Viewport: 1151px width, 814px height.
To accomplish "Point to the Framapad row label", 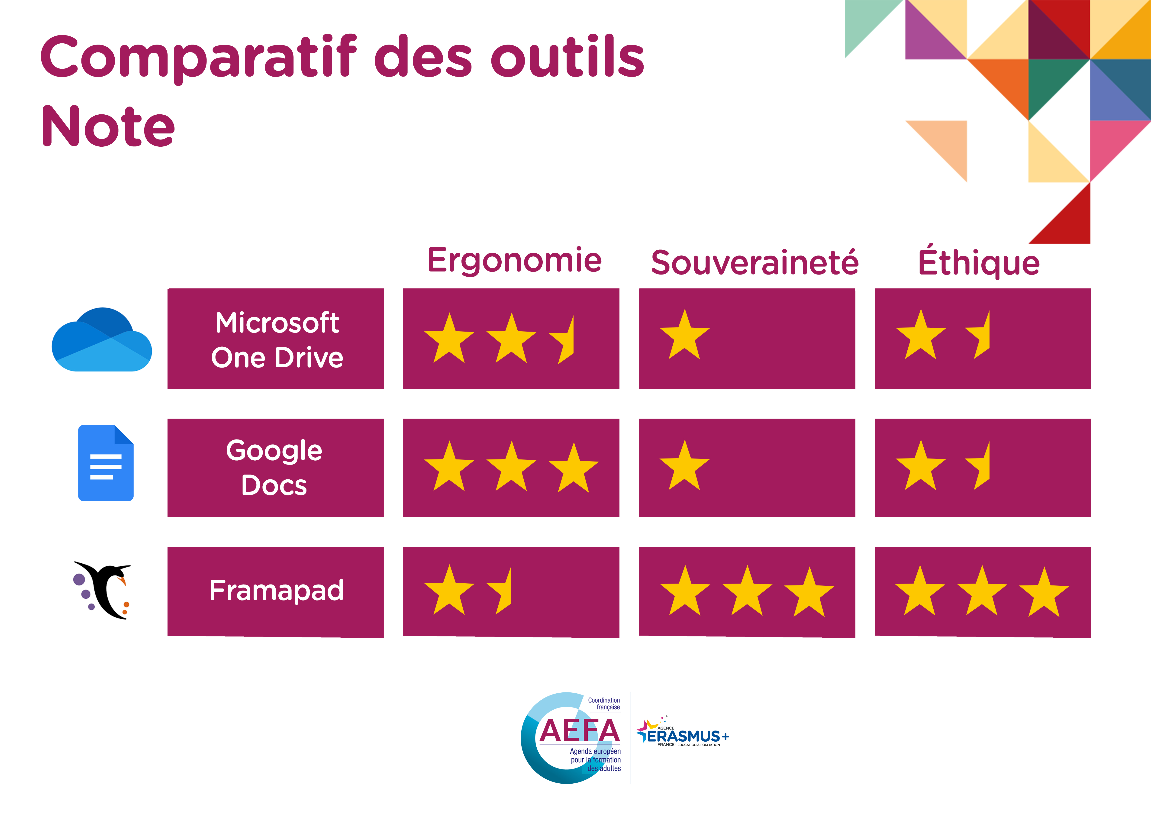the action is tap(276, 590).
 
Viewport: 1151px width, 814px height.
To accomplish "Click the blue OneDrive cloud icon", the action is tap(102, 339).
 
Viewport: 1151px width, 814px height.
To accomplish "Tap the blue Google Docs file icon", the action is tap(106, 463).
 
